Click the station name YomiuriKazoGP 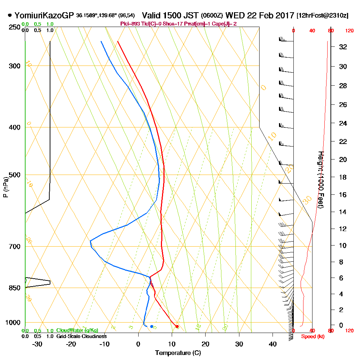tap(44, 15)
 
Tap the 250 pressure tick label tap(14, 27)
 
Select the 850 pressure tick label tap(14, 288)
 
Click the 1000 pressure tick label tap(13, 322)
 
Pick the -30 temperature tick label tap(37, 344)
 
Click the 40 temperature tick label tap(273, 344)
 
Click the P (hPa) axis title tap(5, 187)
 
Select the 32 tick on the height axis tap(343, 46)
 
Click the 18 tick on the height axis tap(343, 177)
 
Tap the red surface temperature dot tap(177, 326)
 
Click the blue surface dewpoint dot tap(152, 326)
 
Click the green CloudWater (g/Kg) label tap(77, 330)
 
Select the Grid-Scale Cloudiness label tap(81, 336)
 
